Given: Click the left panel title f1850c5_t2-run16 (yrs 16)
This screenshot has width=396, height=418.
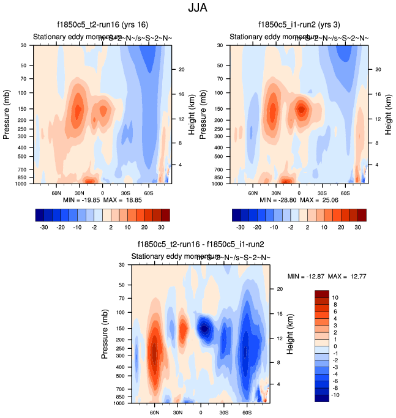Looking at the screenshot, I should click(102, 25).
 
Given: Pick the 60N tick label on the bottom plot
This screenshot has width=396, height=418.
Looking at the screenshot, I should click(155, 412).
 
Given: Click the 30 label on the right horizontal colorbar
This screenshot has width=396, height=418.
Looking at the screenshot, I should click(357, 226).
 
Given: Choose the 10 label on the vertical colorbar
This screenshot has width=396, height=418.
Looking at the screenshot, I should click(335, 296).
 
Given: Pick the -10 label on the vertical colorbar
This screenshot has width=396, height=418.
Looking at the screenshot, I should click(335, 396).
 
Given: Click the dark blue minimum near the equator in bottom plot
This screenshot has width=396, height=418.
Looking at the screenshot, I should click(204, 329).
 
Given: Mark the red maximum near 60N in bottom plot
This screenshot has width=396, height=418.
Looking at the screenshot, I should click(155, 352).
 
